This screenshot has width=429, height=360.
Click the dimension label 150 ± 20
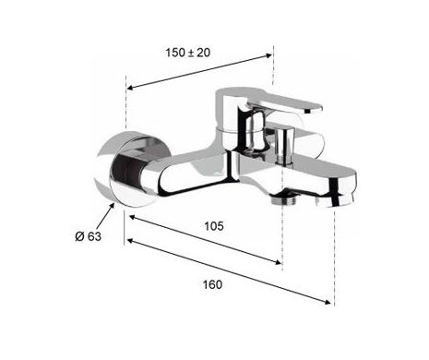(x=188, y=53)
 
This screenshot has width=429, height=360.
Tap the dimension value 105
(x=214, y=226)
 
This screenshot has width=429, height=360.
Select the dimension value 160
(x=212, y=284)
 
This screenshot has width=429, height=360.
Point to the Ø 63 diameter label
(x=88, y=236)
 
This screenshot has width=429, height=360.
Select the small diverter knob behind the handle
(x=284, y=145)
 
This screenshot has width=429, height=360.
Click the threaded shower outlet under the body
(x=284, y=199)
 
